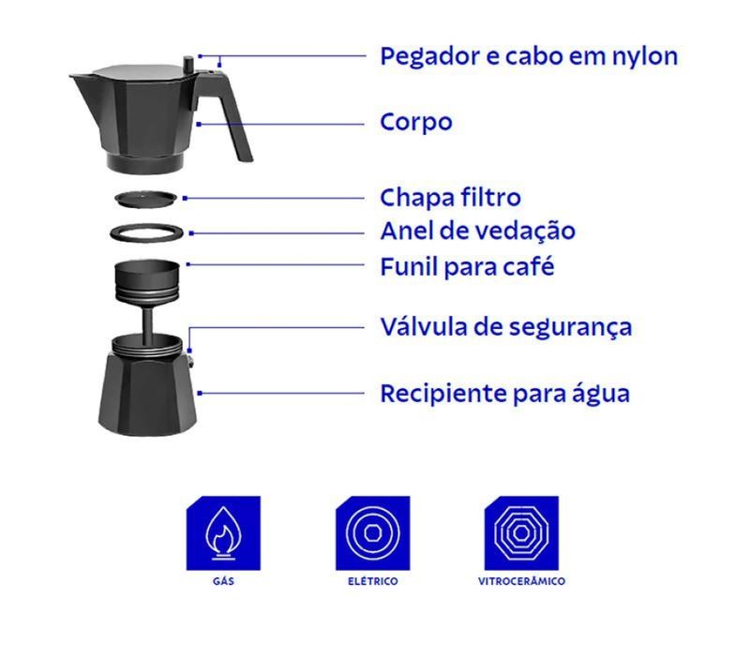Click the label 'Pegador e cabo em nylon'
coord(529,57)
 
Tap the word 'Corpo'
coord(415,122)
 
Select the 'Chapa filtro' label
coord(450,197)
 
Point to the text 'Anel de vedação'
coord(477,231)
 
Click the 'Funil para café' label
coord(467,266)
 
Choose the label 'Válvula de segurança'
coord(505,328)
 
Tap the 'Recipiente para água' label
coord(504,395)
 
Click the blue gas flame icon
coord(223,533)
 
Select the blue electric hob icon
coord(372,533)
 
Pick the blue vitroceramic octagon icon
coord(521,533)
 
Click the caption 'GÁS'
coord(223,581)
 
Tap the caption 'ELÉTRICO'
coord(372,581)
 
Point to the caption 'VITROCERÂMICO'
coord(521,581)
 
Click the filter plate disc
coord(146,199)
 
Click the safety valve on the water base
coord(191,360)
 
